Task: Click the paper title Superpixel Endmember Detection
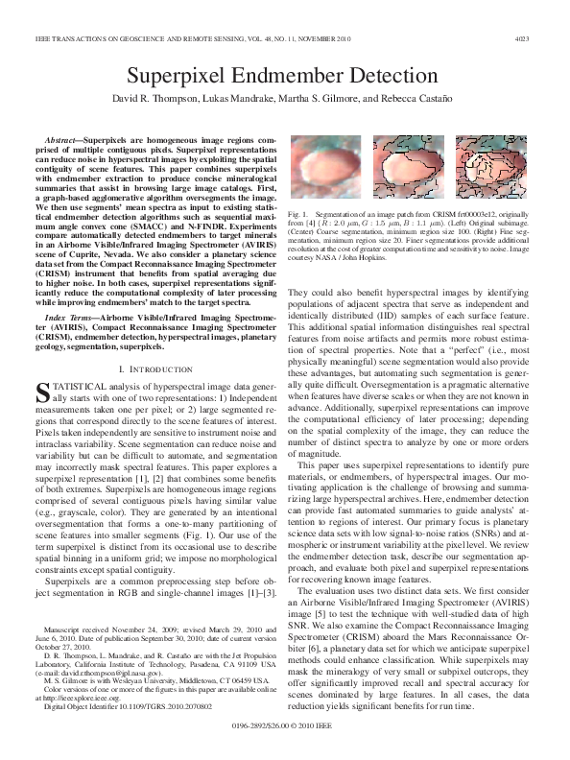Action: click(284, 77)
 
